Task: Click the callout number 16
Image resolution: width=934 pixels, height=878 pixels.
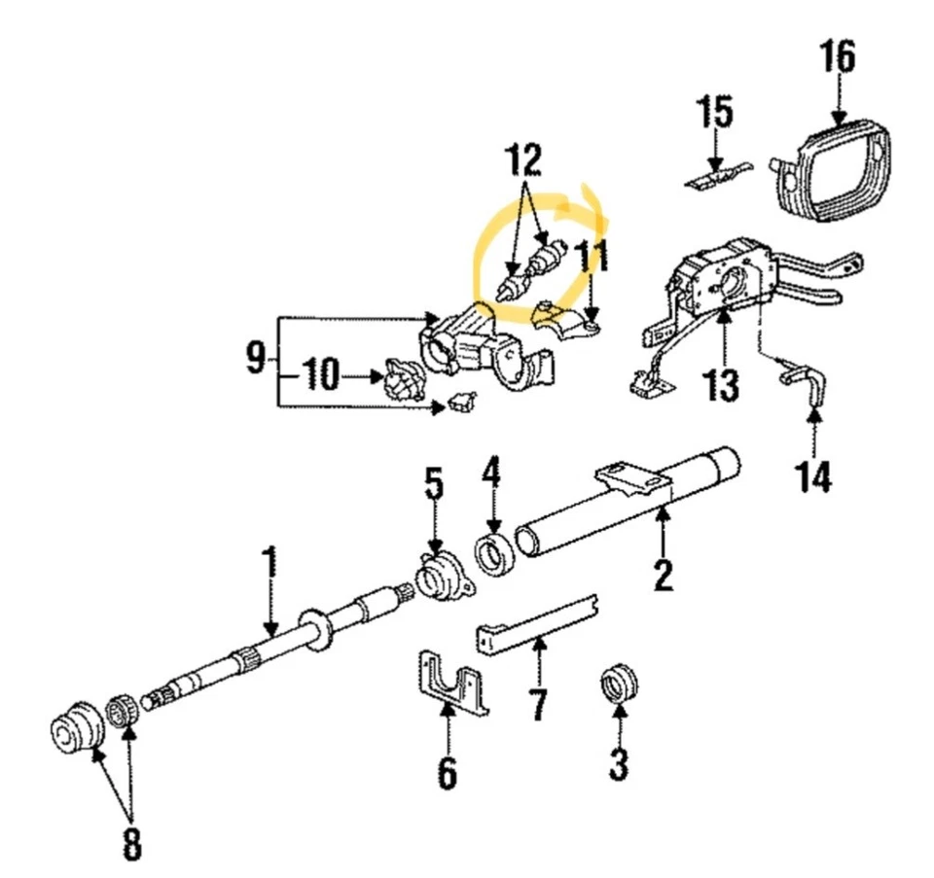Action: [838, 58]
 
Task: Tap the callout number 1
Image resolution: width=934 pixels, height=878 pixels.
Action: [269, 565]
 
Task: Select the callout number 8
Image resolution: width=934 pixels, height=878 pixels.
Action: [131, 845]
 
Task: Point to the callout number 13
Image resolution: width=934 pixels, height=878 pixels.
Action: [722, 386]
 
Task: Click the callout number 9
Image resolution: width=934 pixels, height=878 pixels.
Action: [254, 360]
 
